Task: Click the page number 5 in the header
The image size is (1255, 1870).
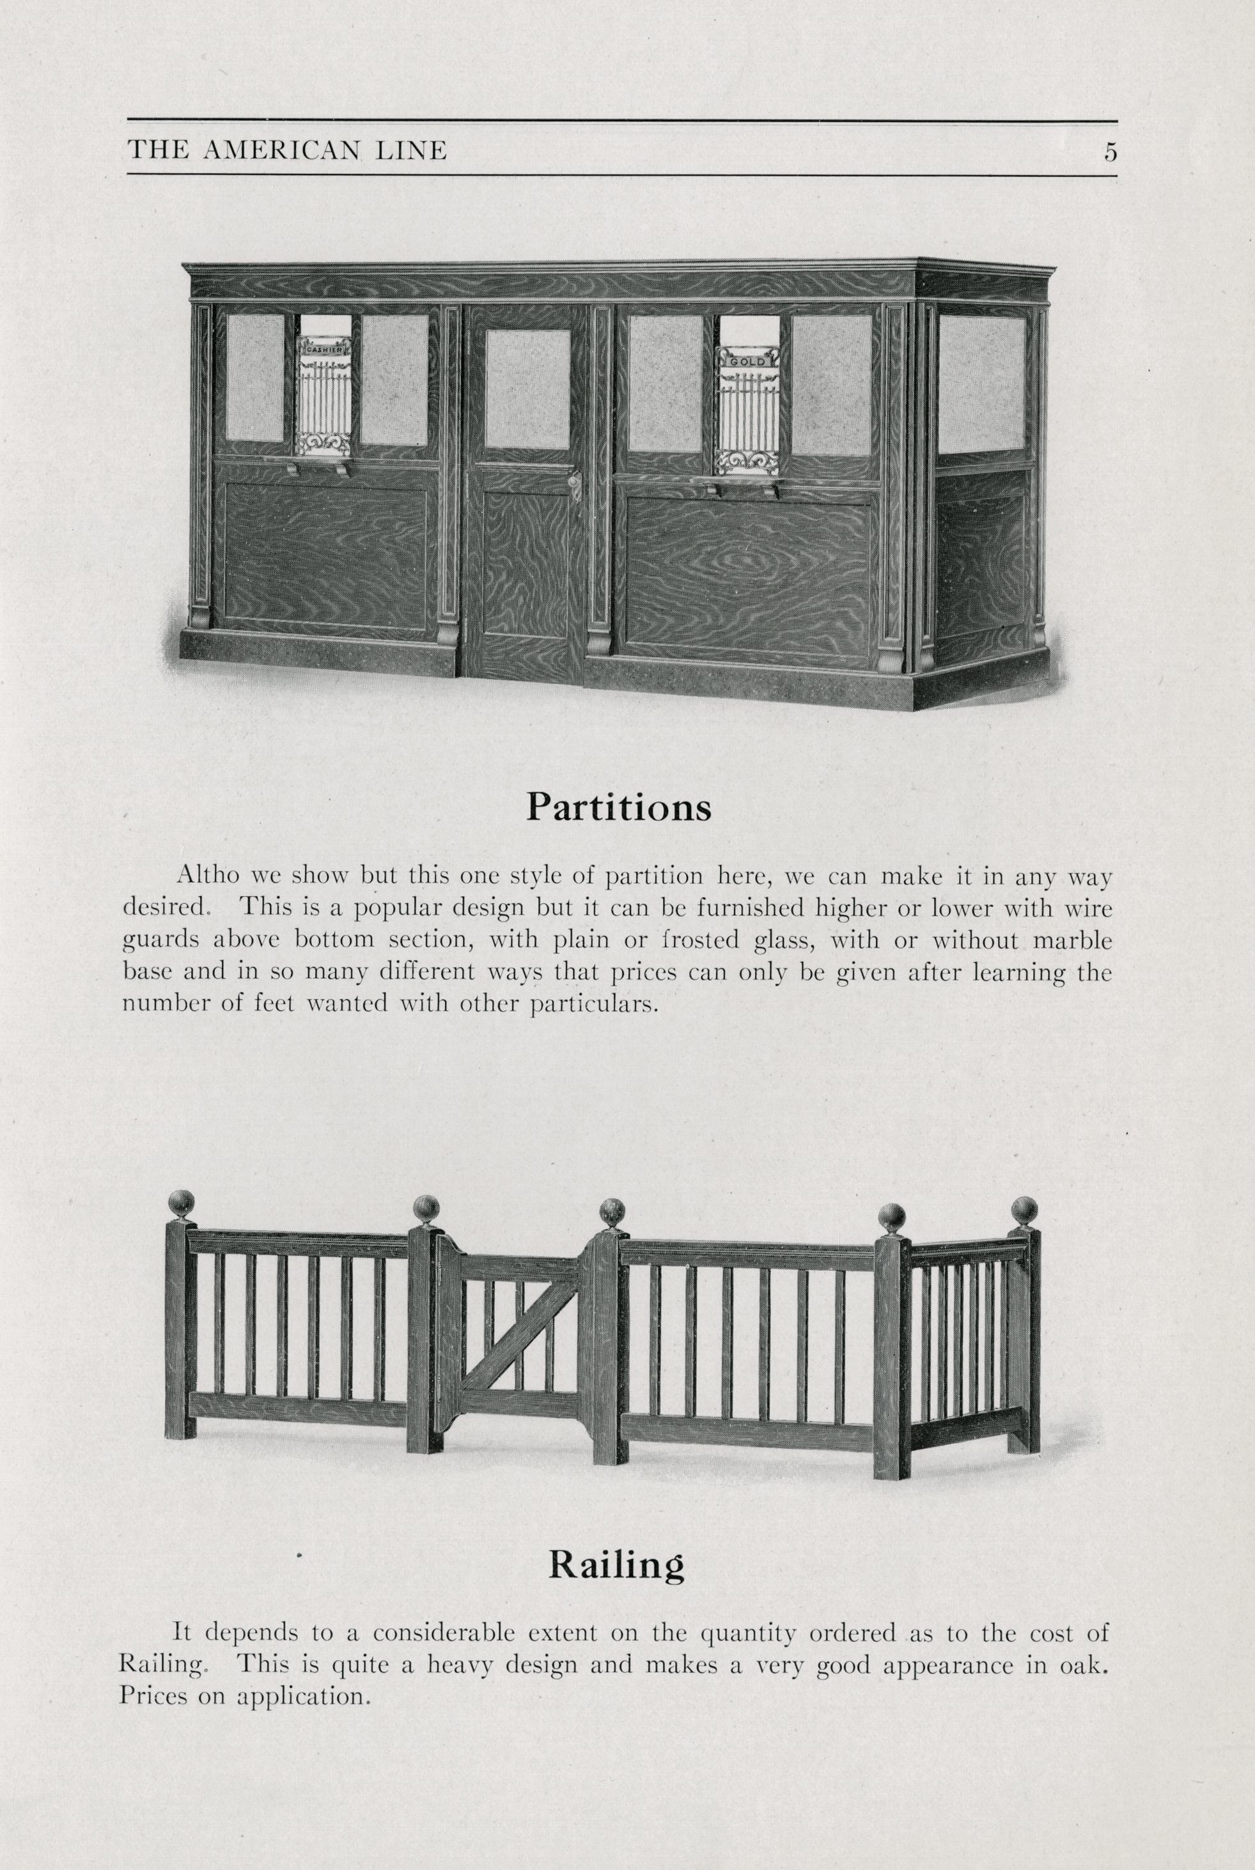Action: (x=1109, y=151)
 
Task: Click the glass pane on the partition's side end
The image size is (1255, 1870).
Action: (x=981, y=383)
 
